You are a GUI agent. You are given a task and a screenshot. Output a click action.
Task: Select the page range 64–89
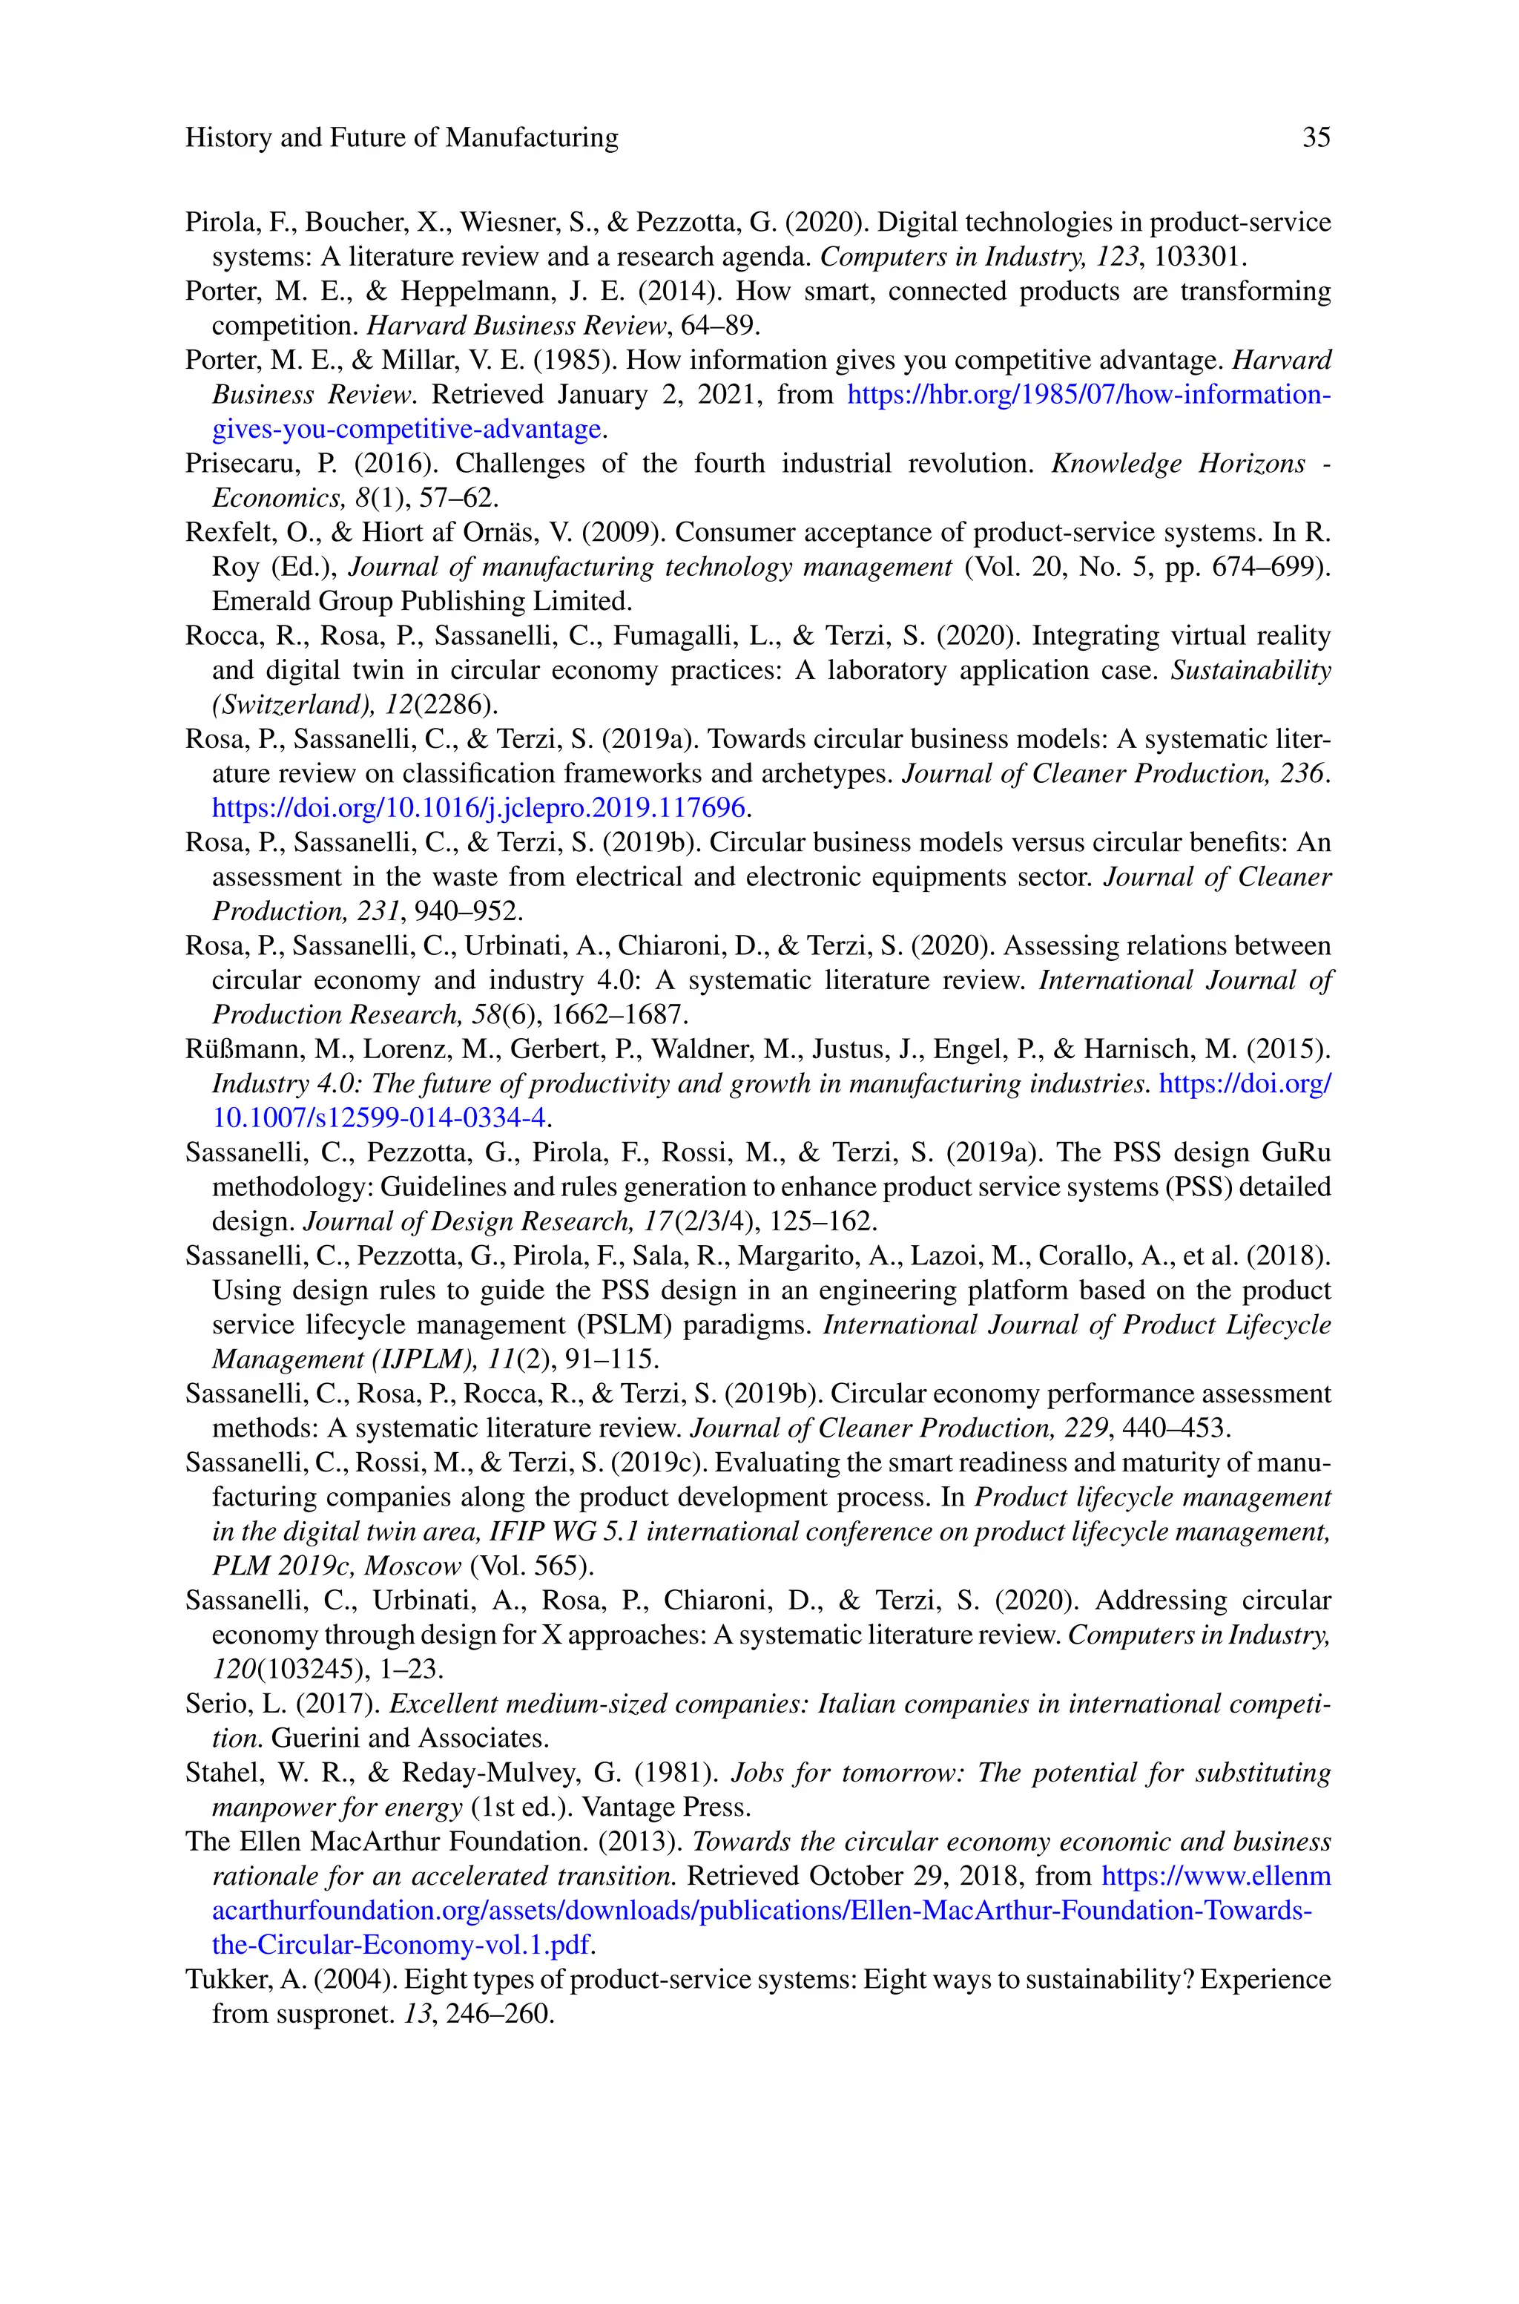click(721, 326)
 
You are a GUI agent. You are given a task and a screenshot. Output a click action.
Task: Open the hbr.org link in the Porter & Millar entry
click(1089, 396)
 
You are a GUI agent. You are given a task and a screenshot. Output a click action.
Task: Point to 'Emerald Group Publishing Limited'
click(421, 602)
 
